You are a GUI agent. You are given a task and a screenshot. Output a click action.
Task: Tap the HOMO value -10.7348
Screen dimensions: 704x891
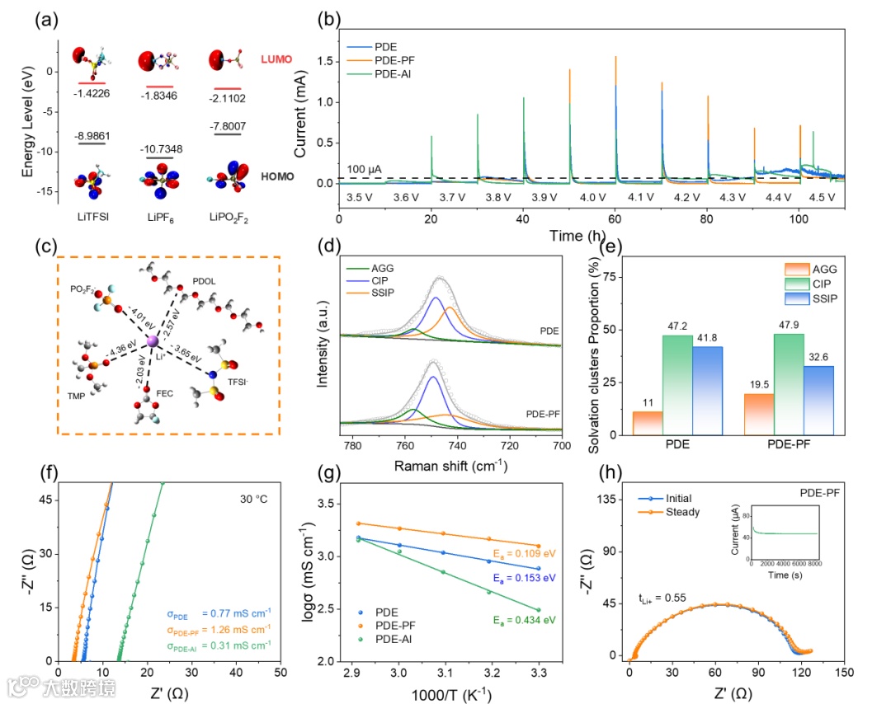point(159,148)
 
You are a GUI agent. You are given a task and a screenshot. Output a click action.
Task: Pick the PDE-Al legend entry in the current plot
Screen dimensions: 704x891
point(391,74)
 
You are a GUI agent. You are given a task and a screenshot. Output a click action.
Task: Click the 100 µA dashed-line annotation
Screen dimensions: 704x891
point(364,169)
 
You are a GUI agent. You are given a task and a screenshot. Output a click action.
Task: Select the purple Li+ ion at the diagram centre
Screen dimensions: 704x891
point(152,340)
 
